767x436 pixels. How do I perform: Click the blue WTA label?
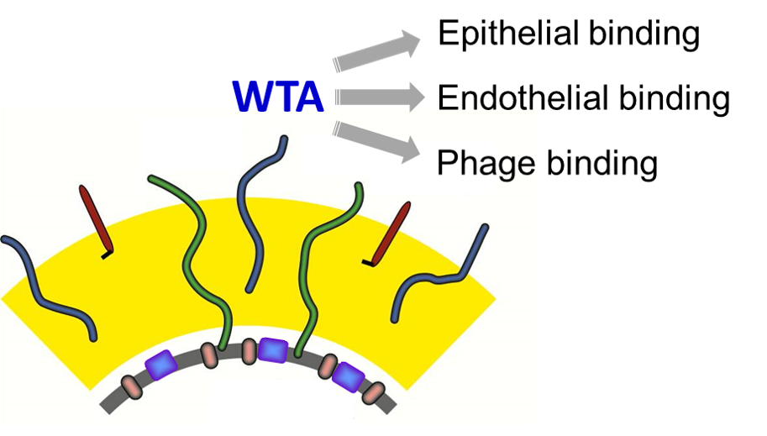278,97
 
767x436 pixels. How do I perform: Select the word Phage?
486,163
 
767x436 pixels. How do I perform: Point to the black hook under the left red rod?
106,255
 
